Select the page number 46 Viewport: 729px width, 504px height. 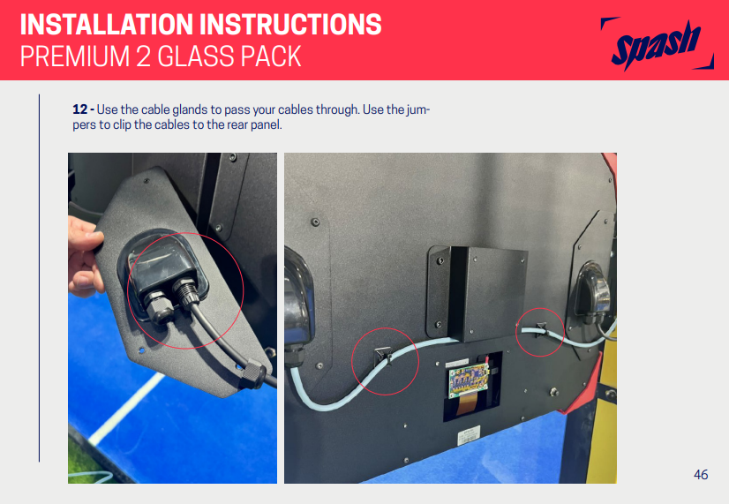701,474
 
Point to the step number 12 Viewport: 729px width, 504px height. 80,109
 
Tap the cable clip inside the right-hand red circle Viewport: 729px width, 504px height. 540,329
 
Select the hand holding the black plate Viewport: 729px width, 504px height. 84,257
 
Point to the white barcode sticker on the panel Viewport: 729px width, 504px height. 469,436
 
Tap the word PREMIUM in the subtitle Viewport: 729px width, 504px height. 74,56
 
